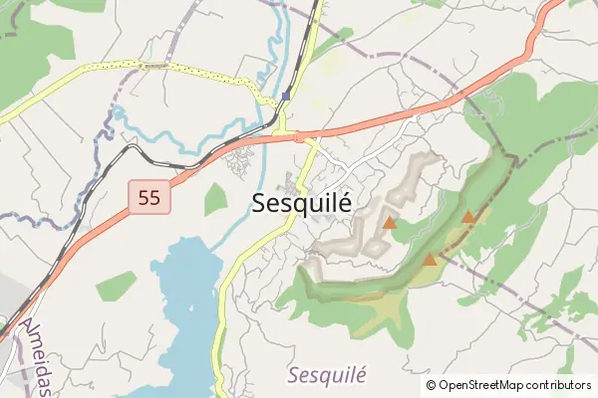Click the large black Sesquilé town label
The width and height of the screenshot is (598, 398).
click(x=302, y=202)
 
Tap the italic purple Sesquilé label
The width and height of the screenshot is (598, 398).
click(x=328, y=375)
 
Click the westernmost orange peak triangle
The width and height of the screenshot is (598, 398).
click(x=390, y=223)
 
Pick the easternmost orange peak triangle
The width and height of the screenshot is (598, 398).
click(x=468, y=216)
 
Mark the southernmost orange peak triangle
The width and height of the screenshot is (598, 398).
click(x=430, y=260)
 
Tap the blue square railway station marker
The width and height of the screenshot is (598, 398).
click(x=286, y=97)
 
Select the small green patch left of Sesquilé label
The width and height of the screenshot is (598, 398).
click(x=215, y=199)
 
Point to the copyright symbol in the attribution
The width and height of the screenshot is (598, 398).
click(x=431, y=385)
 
